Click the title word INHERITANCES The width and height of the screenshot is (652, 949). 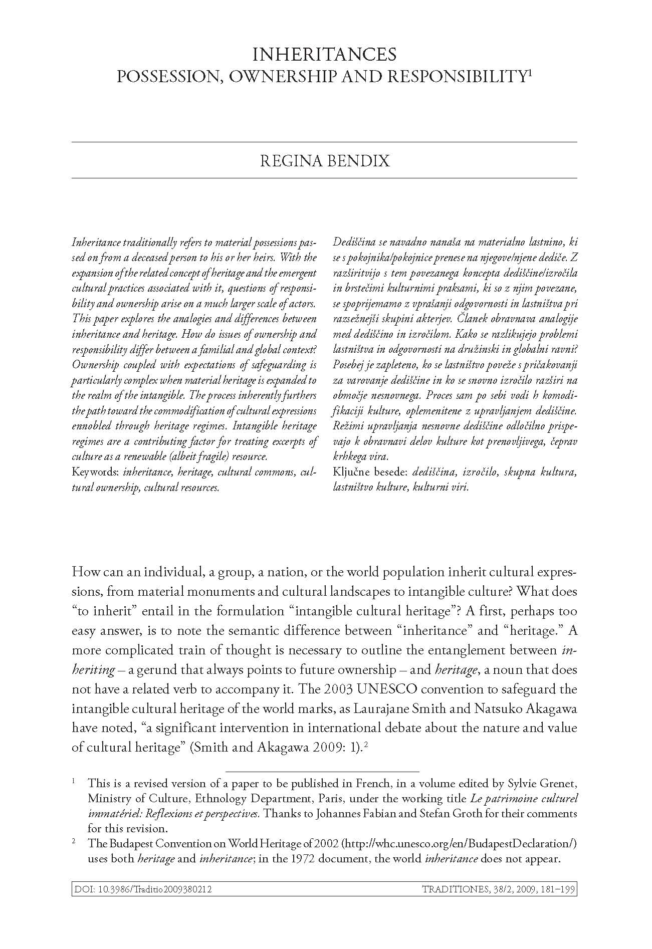point(324,54)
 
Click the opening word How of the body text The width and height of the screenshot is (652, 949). point(85,572)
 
